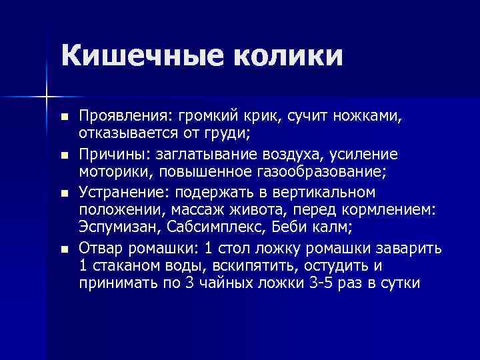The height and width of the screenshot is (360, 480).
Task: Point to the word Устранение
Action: (121, 193)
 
